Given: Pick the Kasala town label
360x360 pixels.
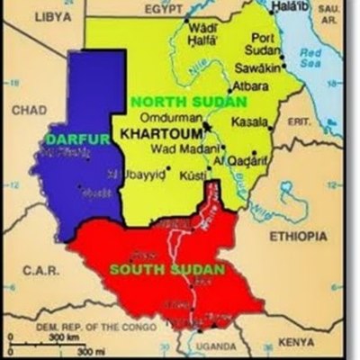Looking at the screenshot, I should (x=250, y=121).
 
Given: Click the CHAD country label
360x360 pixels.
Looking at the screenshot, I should (x=29, y=109).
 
